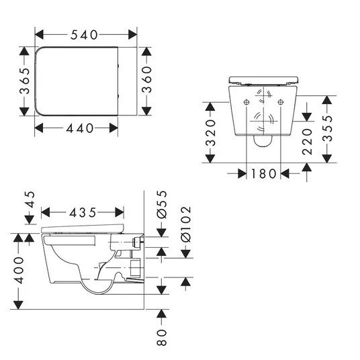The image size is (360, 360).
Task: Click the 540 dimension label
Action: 84,35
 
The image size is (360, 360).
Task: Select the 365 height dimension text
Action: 25,81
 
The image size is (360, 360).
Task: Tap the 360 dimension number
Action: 146,79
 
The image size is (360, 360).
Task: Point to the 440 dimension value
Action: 80,128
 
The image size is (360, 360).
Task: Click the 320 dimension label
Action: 210,133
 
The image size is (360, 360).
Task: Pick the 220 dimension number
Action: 307,142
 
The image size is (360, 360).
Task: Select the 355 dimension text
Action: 327,128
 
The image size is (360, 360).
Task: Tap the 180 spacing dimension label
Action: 263,173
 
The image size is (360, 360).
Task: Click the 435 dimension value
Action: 83,213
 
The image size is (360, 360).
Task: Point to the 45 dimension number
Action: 30,199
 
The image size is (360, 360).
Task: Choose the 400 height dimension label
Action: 19,270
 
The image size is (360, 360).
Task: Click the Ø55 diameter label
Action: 162,204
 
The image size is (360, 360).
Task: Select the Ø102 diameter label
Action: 186,224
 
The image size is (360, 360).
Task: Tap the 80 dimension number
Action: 162,337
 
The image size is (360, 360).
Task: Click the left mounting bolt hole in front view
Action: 246,102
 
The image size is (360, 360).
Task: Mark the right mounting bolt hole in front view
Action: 281,102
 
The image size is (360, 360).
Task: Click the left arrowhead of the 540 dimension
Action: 39,35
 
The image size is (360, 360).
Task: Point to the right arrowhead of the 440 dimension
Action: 114,128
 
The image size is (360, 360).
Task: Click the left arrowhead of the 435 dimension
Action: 46,212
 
